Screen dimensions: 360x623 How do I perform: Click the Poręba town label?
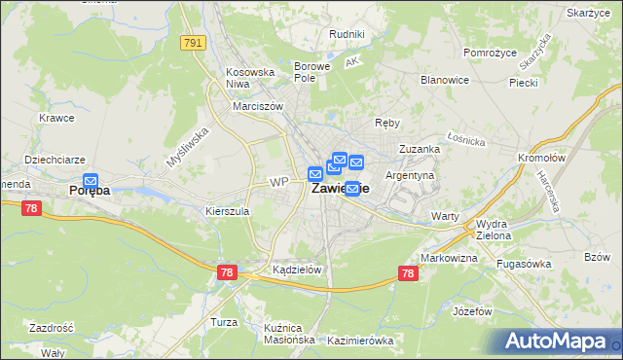[x=90, y=191]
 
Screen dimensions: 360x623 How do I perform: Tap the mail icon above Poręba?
[x=91, y=180]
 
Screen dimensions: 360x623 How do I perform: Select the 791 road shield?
[x=193, y=43]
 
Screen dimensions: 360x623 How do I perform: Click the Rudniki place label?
[x=348, y=34]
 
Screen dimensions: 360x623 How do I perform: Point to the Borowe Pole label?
[x=313, y=72]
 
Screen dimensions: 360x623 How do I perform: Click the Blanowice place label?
[x=445, y=80]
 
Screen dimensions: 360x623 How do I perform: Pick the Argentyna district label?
[x=410, y=175]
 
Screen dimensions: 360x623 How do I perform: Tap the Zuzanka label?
[x=421, y=149]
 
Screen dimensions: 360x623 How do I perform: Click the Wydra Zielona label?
[x=499, y=229]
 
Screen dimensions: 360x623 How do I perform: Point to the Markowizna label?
[x=449, y=258]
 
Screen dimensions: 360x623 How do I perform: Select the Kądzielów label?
[x=297, y=270]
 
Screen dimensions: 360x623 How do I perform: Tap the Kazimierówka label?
[x=360, y=341]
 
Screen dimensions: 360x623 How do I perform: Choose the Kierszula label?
[x=228, y=210]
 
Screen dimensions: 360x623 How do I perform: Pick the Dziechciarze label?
[x=55, y=158]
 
